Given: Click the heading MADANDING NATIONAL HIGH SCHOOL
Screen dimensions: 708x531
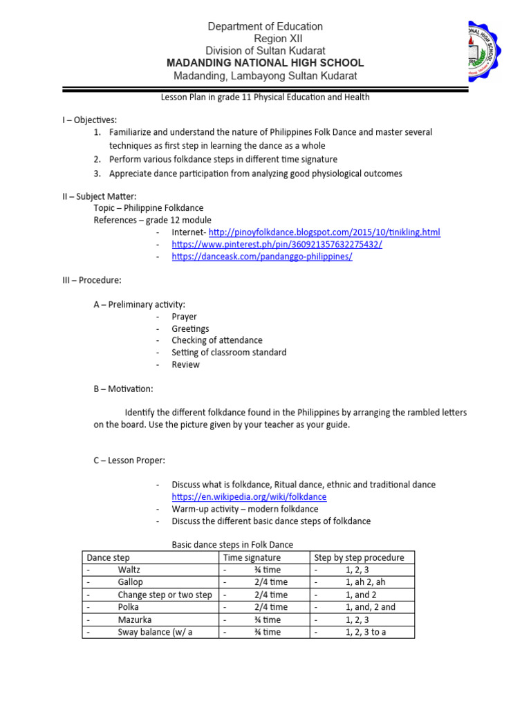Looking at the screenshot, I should [x=265, y=63].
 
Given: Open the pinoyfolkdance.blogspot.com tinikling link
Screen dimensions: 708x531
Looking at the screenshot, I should [x=324, y=232].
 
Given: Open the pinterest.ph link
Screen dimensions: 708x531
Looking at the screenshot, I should [x=277, y=244].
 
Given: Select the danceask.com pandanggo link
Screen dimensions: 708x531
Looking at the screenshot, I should [x=262, y=256].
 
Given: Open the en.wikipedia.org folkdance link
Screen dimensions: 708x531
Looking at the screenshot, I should [x=249, y=496].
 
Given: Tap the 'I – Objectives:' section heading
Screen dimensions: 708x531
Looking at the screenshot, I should [x=89, y=120].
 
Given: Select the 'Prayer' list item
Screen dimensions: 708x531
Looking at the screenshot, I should [x=185, y=317].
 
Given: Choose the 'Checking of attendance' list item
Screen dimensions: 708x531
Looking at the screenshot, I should [x=217, y=340].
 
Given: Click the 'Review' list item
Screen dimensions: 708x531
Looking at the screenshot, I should [x=186, y=364].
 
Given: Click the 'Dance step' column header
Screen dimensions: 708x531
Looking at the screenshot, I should [x=108, y=557].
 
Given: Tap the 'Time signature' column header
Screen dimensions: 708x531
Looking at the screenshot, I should [x=252, y=557].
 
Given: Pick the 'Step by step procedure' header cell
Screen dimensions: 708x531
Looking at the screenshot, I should [x=360, y=557].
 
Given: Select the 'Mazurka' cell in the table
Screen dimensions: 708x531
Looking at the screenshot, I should [x=135, y=619].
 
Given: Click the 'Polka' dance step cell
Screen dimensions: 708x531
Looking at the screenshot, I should [x=129, y=607].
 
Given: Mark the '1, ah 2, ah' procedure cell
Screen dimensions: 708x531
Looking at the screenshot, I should [x=366, y=582].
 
